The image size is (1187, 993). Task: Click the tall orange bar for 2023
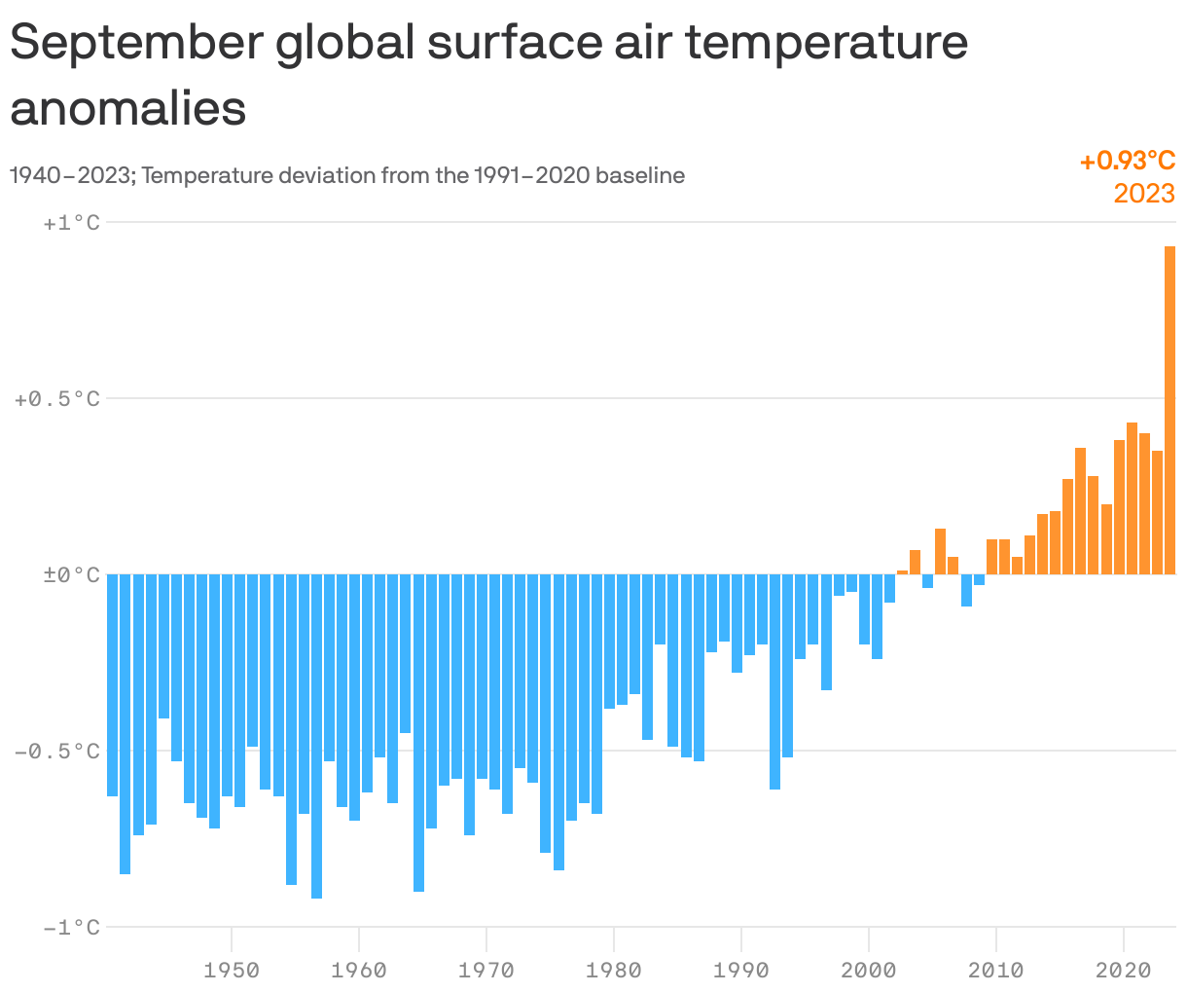1169,409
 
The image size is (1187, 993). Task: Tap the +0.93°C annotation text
1127,161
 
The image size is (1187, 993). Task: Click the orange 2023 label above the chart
1144,193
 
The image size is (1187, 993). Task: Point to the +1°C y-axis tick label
71,223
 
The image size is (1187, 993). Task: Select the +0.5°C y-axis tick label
57,399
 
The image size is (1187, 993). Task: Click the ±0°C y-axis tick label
71,575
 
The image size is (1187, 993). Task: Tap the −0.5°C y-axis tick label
57,752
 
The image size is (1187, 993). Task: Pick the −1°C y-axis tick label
71,928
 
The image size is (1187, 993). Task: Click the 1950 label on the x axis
232,970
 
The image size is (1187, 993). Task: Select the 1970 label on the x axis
486,970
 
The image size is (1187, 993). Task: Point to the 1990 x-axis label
741,970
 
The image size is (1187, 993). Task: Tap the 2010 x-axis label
996,970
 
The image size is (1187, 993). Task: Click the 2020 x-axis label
1124,970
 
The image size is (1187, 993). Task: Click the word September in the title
136,44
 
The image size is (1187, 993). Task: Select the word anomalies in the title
128,108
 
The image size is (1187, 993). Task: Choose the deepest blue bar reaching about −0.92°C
317,735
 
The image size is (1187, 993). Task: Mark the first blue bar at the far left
113,684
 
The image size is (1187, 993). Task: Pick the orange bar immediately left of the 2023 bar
1157,512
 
